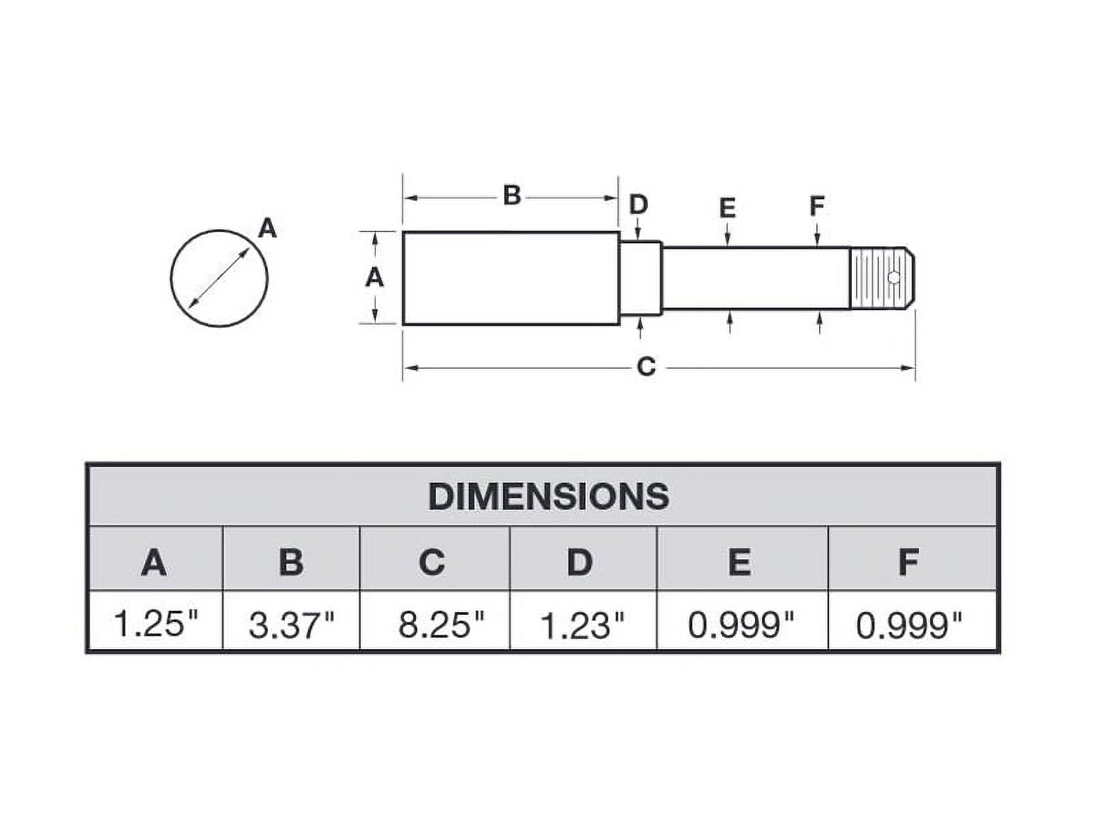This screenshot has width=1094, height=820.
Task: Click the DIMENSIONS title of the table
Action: coord(548,496)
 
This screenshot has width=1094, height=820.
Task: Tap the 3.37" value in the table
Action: coord(291,625)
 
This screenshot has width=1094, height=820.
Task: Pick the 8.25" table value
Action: coord(441,625)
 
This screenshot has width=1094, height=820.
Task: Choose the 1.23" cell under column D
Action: coord(582,625)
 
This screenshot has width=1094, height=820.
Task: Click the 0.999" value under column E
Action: coord(741,625)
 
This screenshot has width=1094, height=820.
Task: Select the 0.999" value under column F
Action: coord(909,625)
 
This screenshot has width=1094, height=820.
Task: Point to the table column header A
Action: coord(154,562)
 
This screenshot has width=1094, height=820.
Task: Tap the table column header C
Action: coord(431,562)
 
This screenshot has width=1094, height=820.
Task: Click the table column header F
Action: coord(909,562)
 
